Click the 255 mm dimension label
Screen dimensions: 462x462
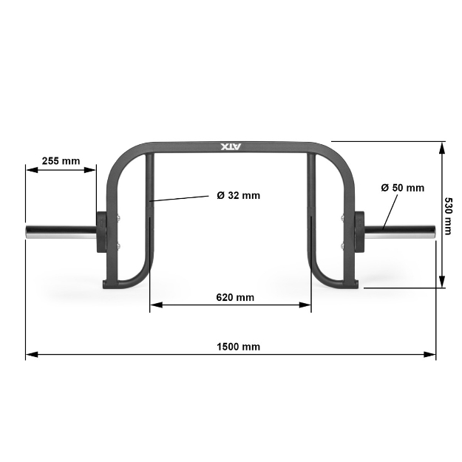(61, 160)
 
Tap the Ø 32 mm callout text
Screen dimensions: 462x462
(238, 196)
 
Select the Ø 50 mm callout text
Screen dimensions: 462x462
(403, 188)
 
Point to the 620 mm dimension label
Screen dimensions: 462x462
(235, 297)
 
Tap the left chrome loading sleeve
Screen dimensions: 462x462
(59, 232)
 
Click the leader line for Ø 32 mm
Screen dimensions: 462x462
(180, 198)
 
